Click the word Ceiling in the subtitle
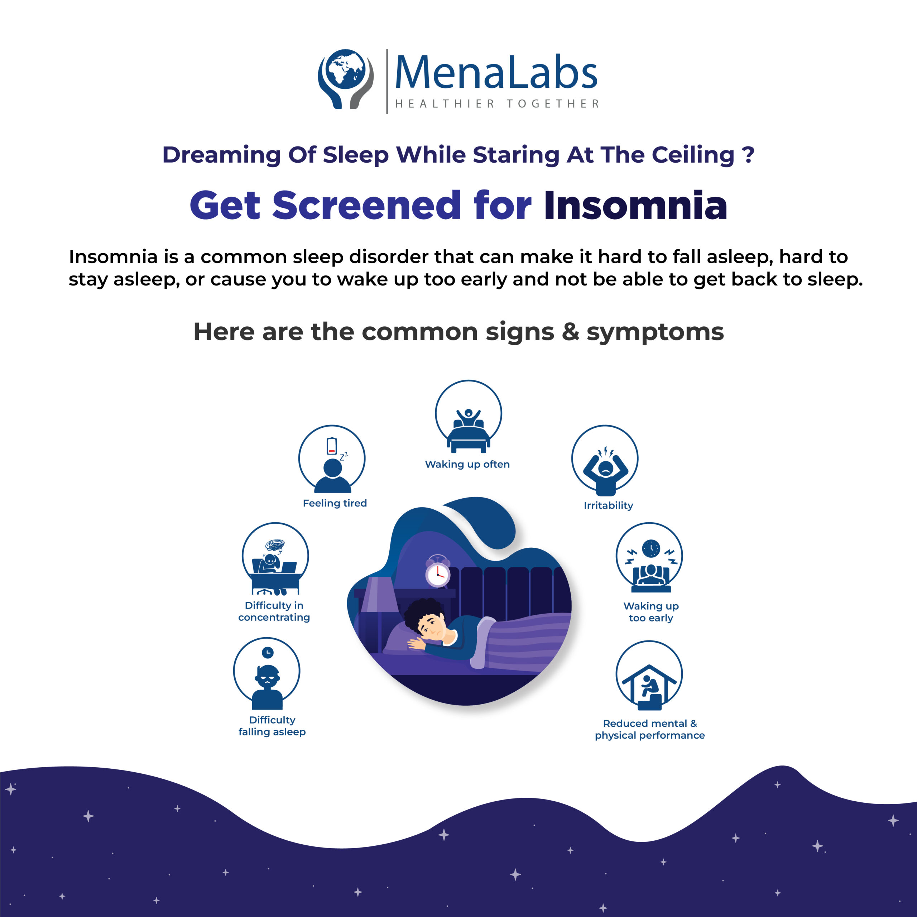pyautogui.click(x=693, y=155)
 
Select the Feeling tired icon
pyautogui.click(x=332, y=459)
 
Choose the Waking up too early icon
pyautogui.click(x=649, y=558)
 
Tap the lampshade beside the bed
pyautogui.click(x=380, y=595)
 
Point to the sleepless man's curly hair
pyautogui.click(x=422, y=612)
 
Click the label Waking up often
pyautogui.click(x=467, y=464)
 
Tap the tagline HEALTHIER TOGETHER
pyautogui.click(x=497, y=104)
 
